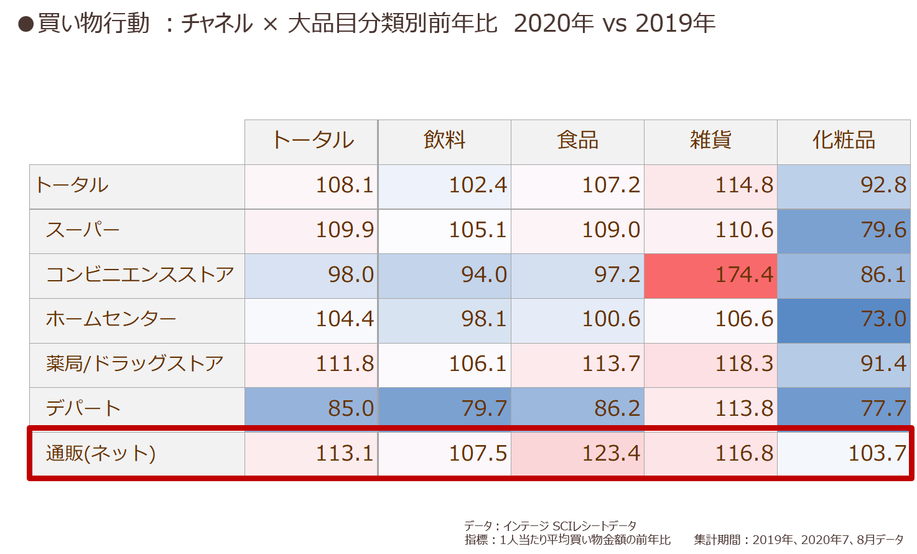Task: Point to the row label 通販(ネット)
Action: (x=101, y=453)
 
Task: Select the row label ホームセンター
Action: (x=111, y=319)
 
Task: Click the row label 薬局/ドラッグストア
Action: (x=134, y=363)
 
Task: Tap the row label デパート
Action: (x=83, y=408)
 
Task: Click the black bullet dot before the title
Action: (x=26, y=24)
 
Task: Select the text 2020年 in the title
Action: (x=554, y=23)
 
